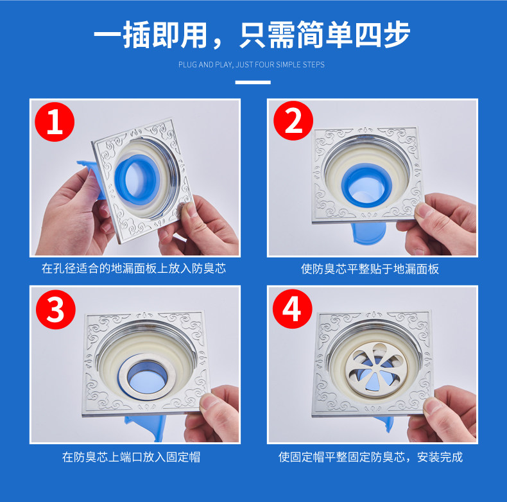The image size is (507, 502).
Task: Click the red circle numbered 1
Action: [55, 121]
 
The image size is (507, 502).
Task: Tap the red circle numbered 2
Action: [293, 121]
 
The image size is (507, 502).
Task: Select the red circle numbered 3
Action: [56, 309]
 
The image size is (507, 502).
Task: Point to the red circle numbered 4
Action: [292, 309]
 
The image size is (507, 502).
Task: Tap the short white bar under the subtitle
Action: [253, 82]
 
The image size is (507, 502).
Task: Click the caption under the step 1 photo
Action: [134, 268]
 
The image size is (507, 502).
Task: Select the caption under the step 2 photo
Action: [370, 269]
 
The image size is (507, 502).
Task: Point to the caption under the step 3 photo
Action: [132, 457]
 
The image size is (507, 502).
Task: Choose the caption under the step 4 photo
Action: [370, 457]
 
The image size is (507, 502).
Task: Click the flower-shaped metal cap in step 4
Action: [375, 365]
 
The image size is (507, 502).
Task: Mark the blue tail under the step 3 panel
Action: [147, 426]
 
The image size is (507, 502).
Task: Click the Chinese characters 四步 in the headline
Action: [383, 35]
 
